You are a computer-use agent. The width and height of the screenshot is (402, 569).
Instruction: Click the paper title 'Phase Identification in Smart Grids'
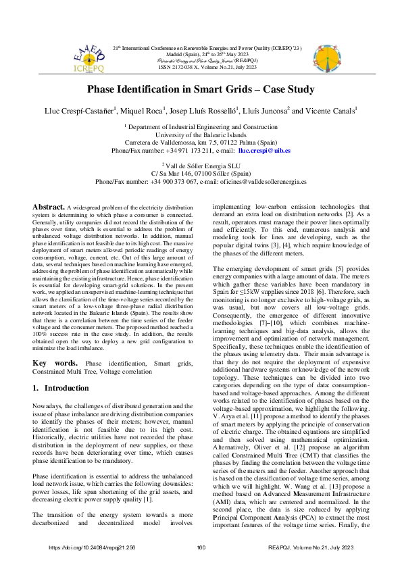[201, 89]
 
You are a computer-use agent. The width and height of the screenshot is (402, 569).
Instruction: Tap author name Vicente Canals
[329, 110]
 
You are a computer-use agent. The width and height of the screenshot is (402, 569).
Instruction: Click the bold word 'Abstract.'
[49, 205]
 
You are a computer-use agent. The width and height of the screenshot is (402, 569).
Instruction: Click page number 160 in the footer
[201, 547]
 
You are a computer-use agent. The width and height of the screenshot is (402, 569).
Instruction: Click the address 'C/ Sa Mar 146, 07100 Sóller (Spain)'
[201, 174]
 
